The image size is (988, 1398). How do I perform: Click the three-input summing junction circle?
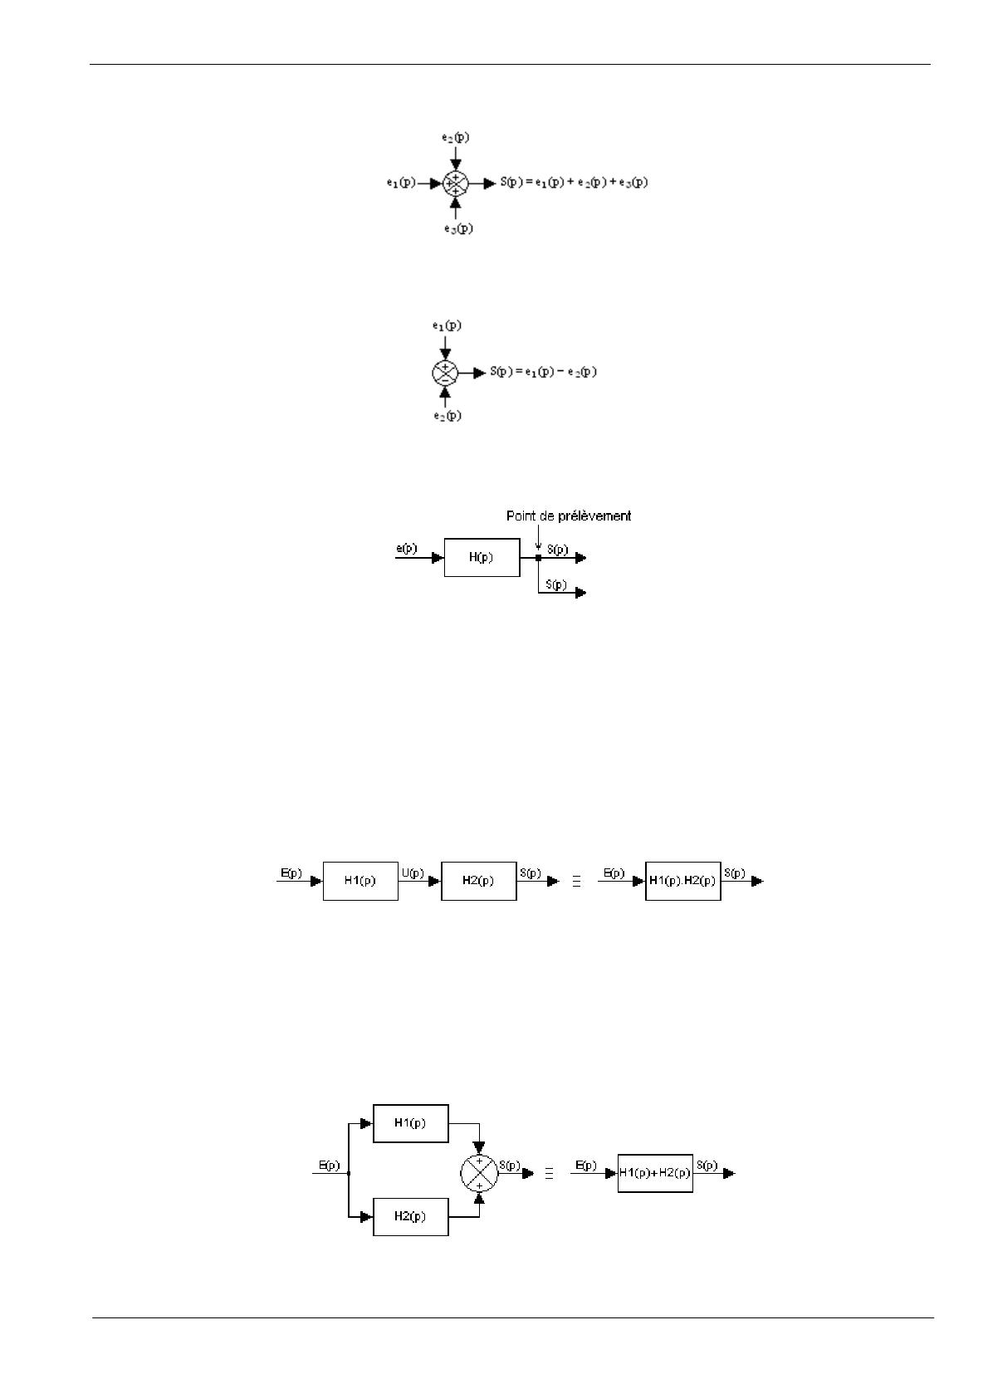[456, 183]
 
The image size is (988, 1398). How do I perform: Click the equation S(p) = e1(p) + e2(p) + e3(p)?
[573, 183]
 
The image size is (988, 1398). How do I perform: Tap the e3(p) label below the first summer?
[457, 227]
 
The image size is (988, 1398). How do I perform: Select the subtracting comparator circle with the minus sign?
[445, 373]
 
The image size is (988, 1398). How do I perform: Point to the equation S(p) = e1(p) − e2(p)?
[543, 372]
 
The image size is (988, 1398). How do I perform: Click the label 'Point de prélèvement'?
[569, 516]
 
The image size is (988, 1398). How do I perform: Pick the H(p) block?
[482, 557]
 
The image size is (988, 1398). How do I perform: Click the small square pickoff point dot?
[538, 558]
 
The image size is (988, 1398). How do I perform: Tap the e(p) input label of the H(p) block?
[407, 549]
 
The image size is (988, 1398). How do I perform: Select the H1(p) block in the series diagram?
[359, 881]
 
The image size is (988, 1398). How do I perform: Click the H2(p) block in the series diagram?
[478, 881]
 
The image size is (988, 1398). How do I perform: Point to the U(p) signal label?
[413, 873]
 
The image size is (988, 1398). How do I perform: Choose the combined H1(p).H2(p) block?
[682, 881]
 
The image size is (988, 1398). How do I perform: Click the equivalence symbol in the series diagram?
[576, 882]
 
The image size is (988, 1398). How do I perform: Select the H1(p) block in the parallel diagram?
[410, 1123]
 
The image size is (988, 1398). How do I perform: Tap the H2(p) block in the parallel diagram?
[410, 1216]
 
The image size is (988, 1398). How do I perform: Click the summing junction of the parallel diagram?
[479, 1172]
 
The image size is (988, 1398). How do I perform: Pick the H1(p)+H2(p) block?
[655, 1173]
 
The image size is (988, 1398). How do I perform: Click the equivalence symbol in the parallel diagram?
[549, 1173]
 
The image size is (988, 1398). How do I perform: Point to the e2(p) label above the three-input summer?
[455, 137]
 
